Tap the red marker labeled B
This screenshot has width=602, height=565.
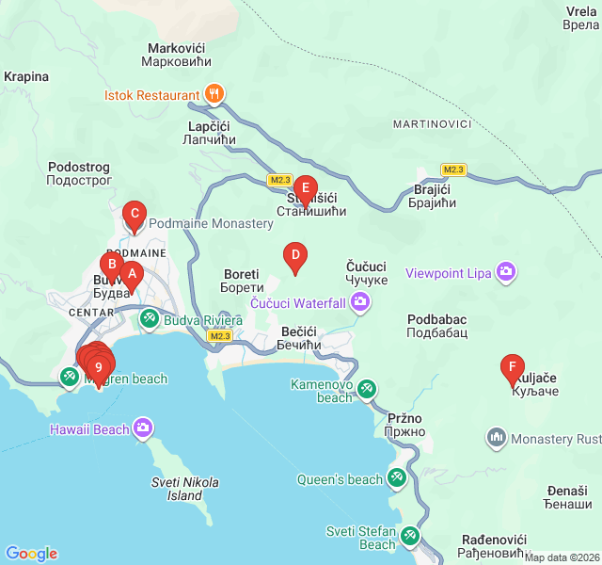[111, 265]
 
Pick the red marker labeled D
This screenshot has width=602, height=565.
[295, 255]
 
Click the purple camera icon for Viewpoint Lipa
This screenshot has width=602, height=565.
[507, 273]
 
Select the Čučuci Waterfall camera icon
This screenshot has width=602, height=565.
[359, 302]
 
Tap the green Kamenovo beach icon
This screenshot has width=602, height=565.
[367, 388]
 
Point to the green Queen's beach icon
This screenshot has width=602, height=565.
[397, 479]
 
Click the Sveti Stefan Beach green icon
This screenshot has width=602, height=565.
[410, 537]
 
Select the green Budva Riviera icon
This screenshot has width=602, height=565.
[150, 320]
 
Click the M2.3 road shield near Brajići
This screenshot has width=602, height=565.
[453, 169]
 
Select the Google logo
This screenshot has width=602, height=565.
[31, 554]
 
